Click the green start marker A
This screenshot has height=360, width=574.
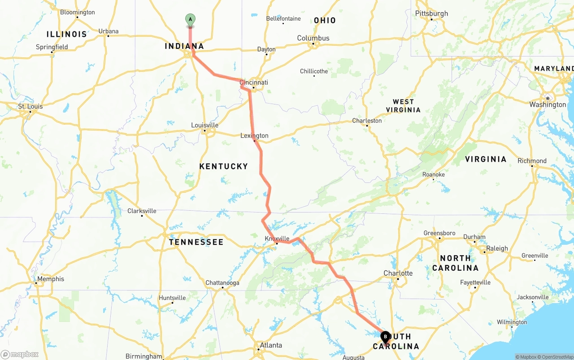tap(190, 20)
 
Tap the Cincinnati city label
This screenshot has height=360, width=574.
tap(254, 82)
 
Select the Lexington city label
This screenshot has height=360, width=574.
tap(254, 136)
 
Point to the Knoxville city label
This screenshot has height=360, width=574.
tap(277, 239)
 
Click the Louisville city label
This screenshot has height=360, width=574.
tap(204, 125)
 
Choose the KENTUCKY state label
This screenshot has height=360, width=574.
tap(223, 166)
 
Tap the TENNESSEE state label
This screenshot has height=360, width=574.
tap(196, 242)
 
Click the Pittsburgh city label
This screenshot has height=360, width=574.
tap(431, 13)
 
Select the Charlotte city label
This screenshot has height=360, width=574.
tap(398, 273)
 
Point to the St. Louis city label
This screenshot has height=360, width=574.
tap(30, 106)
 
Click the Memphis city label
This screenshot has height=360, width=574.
tap(51, 279)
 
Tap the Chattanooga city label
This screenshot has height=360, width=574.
tap(222, 283)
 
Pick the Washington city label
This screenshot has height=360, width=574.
tap(548, 104)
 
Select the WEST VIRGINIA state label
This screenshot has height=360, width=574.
tap(403, 106)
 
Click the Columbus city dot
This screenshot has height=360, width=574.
tap(313, 43)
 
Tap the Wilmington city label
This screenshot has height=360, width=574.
tap(512, 322)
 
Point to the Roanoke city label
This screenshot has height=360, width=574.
tap(434, 174)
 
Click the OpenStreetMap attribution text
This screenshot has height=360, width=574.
tap(557, 357)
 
